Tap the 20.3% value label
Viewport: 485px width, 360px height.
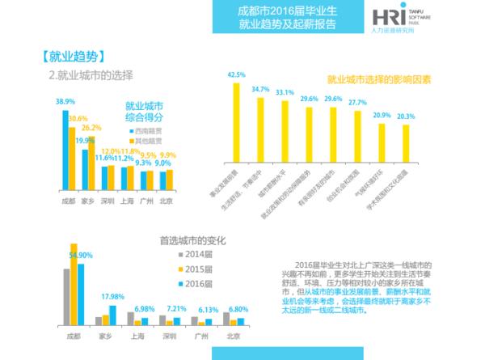click(x=406, y=116)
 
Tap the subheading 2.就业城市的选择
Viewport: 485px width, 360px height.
click(x=90, y=74)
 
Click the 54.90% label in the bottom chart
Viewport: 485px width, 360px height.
click(x=84, y=256)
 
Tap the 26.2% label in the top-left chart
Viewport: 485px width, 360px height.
click(x=91, y=128)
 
